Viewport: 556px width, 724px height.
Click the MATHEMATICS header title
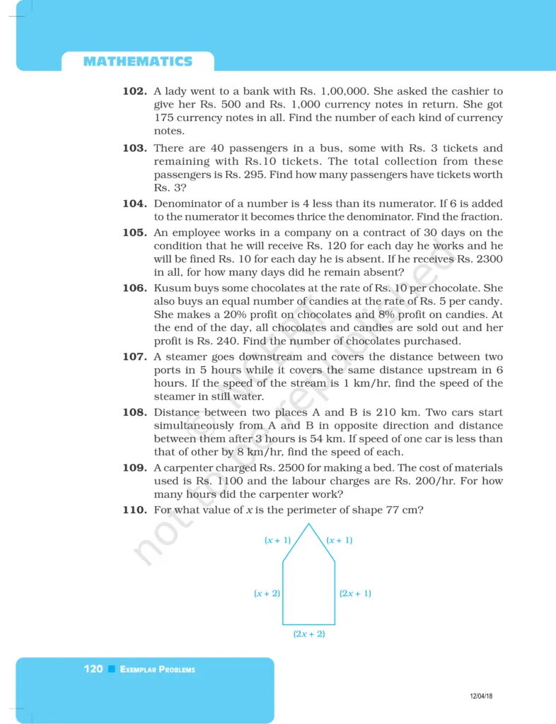137,62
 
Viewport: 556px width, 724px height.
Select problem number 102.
135,92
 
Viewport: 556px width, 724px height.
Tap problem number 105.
135,233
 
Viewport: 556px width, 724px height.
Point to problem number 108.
135,412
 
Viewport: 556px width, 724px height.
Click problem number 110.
135,509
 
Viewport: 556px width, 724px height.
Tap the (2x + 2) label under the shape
309,634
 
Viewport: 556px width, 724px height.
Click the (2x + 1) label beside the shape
355,593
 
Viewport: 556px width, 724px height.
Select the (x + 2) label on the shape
267,593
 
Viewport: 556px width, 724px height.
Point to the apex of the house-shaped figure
308,524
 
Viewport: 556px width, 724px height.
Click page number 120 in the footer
93,669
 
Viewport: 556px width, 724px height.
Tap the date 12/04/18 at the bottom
481,696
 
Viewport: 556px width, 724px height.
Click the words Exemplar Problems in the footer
158,670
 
